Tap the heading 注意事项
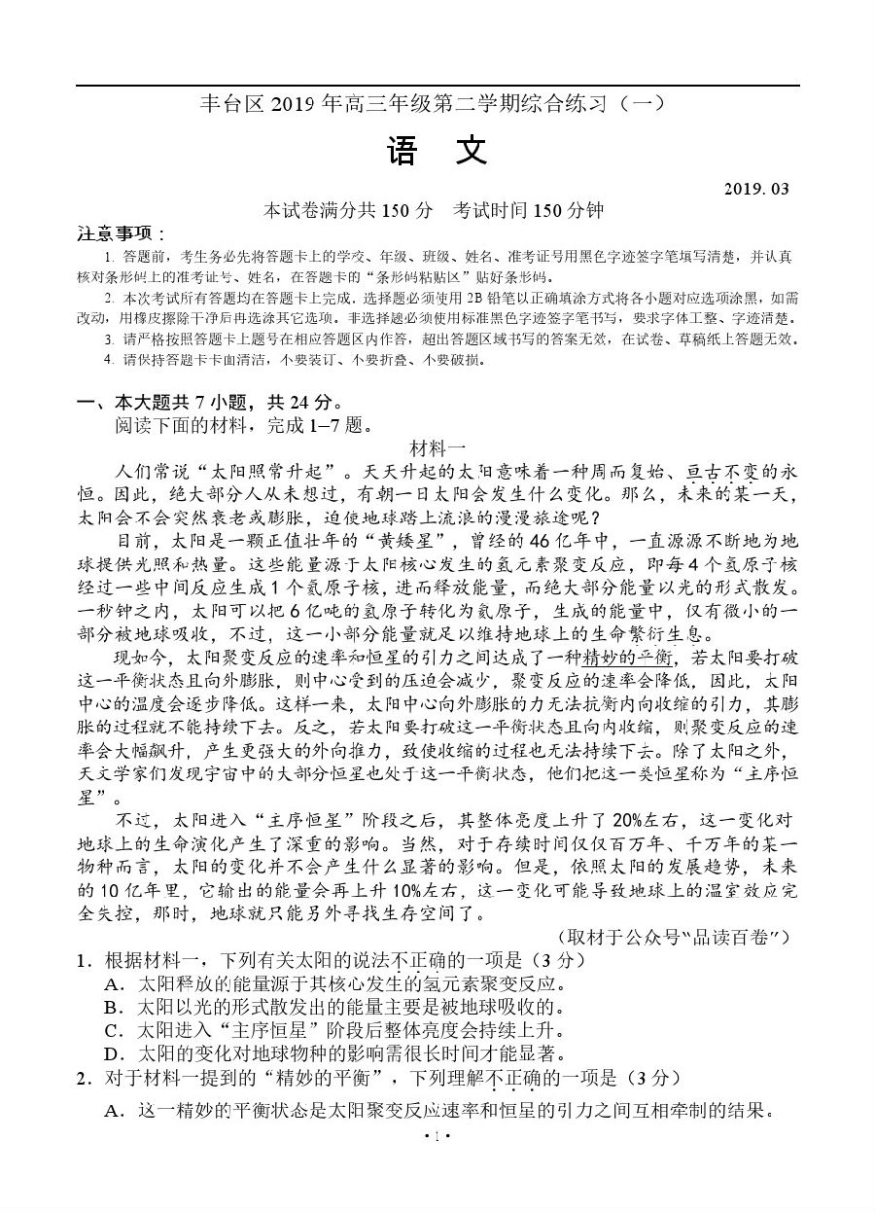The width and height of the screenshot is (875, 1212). click(x=122, y=233)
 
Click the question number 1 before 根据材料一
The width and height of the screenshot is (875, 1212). click(x=83, y=959)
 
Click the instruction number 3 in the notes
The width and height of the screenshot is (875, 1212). click(x=109, y=339)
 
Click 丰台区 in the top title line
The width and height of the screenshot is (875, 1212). click(x=227, y=103)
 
